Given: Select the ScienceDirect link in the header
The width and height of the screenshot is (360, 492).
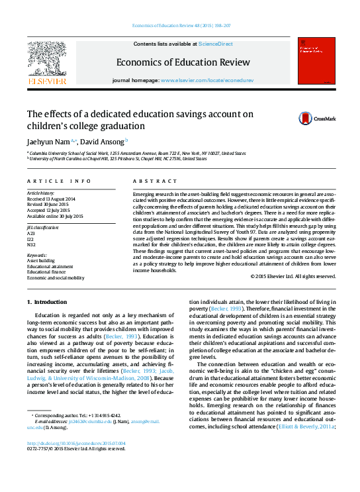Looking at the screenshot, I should [216, 44].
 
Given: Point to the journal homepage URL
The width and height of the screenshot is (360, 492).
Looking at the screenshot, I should [206, 80].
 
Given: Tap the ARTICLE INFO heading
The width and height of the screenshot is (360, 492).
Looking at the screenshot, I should [59, 181].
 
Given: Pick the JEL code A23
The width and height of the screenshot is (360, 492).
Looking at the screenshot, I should [31, 234].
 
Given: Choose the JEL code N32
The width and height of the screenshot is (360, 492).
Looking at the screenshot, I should [31, 244].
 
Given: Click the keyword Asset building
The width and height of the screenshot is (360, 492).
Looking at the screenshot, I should [40, 261].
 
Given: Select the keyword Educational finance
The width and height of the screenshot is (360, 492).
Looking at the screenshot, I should [46, 271].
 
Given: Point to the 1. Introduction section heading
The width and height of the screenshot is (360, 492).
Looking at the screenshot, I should [48, 302].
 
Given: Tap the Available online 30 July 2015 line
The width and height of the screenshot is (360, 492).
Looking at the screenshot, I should [55, 216].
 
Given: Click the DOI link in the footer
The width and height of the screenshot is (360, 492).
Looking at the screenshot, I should [75, 444].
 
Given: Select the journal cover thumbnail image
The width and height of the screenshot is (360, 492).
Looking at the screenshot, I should [315, 62].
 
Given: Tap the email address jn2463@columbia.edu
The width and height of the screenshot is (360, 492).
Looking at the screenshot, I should [89, 421].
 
